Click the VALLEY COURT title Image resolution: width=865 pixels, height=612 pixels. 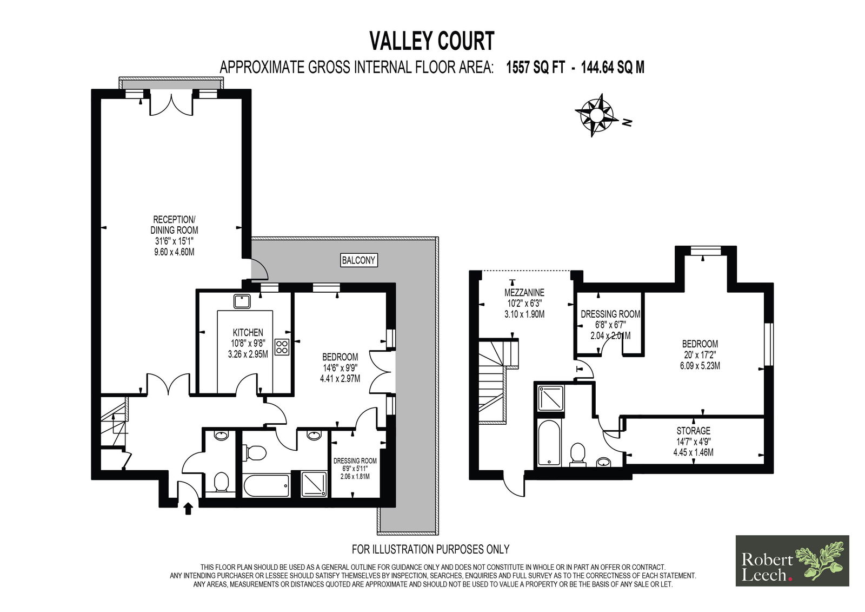[431, 41]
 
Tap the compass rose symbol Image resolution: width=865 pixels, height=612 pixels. [595, 115]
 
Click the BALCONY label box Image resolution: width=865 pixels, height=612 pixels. [358, 260]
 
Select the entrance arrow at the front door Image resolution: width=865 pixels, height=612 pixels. [188, 509]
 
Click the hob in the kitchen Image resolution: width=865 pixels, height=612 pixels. [282, 346]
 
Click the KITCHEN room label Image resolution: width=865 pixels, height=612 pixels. [248, 332]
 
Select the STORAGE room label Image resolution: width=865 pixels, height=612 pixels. [693, 431]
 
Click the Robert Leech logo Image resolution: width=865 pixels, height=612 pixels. [792, 561]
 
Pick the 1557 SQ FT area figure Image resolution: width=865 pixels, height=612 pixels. [535, 68]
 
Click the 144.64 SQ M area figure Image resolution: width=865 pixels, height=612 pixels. [613, 68]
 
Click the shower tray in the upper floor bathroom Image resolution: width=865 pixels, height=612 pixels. [550, 397]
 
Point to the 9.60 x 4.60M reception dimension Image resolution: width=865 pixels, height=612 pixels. [174, 252]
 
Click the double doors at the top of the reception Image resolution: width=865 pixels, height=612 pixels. [171, 104]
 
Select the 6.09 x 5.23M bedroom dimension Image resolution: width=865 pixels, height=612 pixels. [700, 366]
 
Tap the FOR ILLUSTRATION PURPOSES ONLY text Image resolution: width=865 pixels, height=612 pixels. [430, 549]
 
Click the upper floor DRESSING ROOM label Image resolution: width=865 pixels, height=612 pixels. [610, 314]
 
